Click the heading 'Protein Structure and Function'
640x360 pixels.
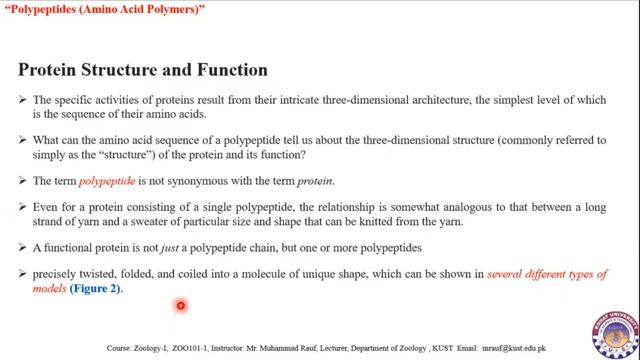click(143, 70)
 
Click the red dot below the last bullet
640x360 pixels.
click(180, 307)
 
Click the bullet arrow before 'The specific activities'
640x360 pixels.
click(23, 99)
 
